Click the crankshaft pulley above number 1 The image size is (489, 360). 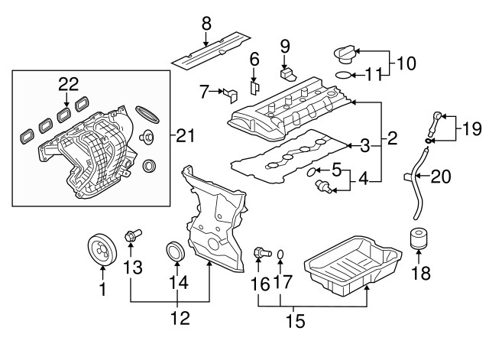[101, 250]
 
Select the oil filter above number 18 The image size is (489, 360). [417, 239]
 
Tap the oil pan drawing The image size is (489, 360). [353, 264]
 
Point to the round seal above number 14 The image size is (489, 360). [176, 251]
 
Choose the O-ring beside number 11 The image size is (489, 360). [346, 76]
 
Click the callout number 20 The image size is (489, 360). [441, 177]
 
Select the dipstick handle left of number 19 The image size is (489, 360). [436, 118]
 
